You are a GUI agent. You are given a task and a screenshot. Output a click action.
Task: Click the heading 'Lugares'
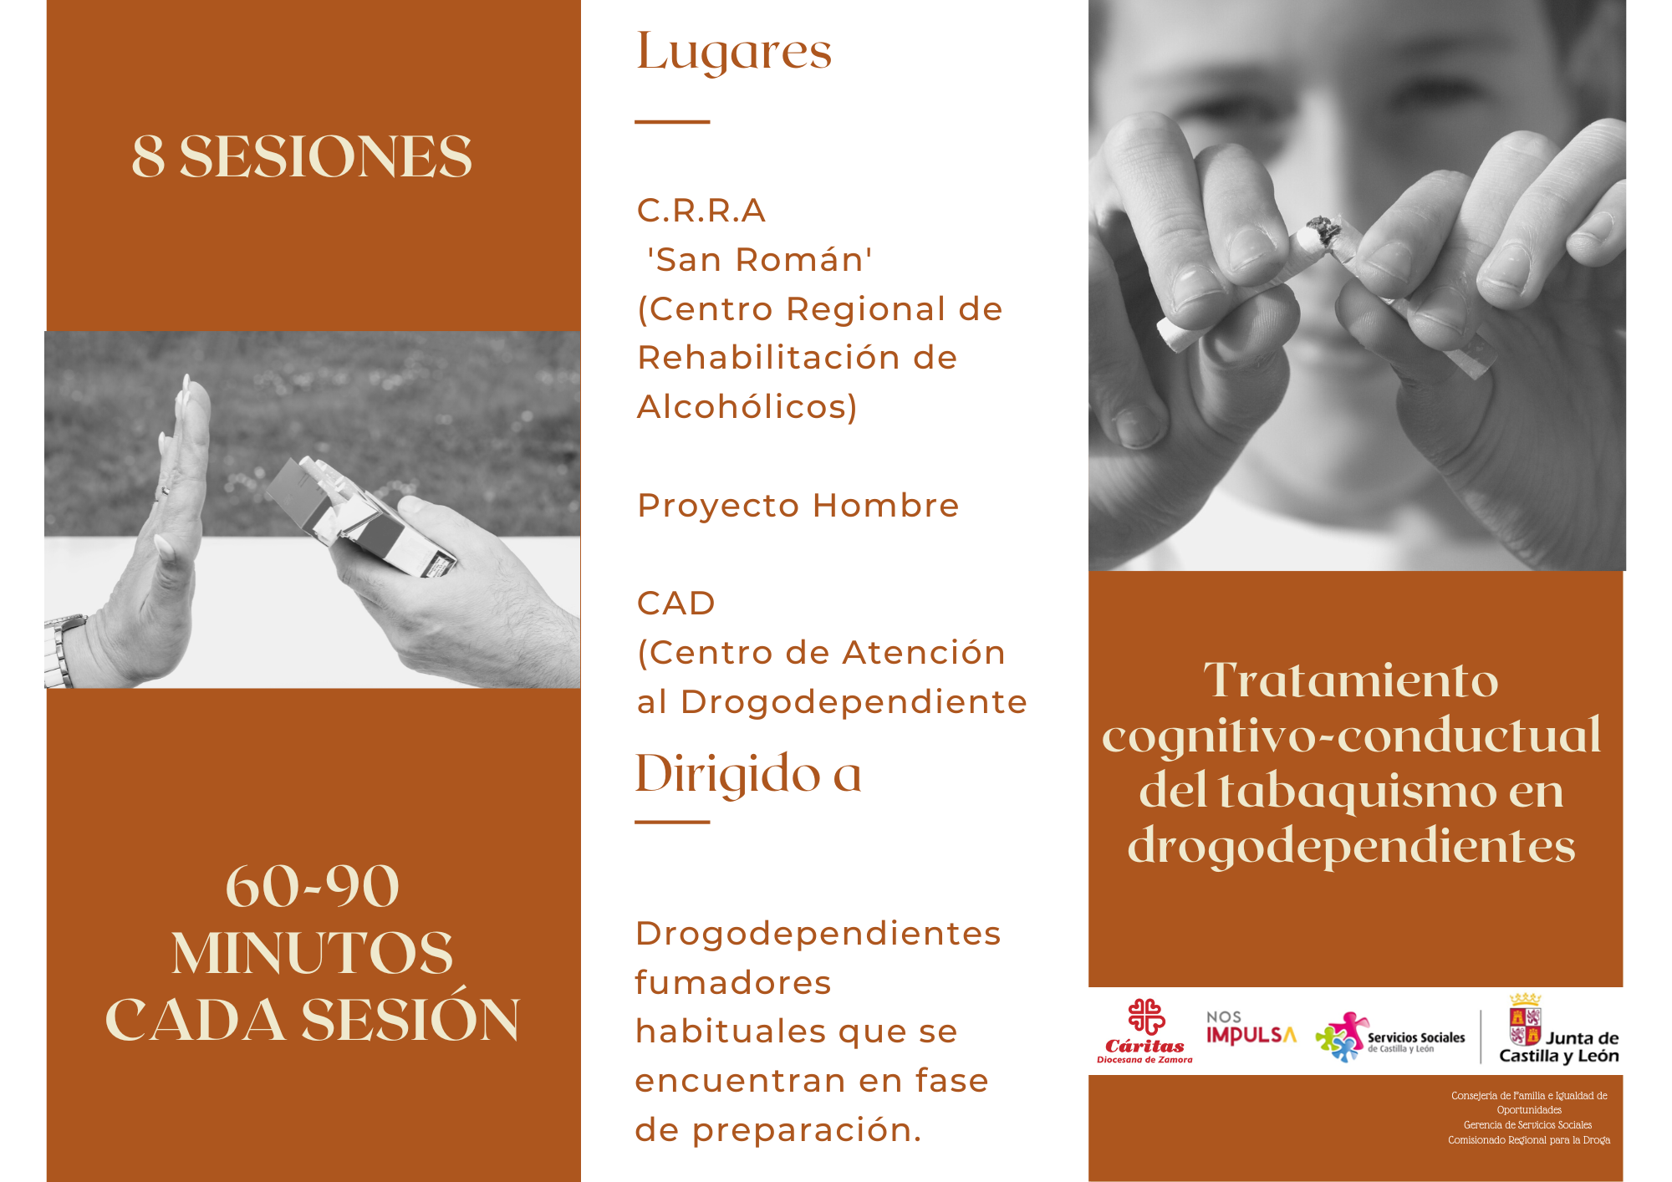(x=734, y=53)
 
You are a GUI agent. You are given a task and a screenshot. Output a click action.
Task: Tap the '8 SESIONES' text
(x=302, y=156)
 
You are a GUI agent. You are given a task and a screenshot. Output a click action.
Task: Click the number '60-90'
(x=313, y=886)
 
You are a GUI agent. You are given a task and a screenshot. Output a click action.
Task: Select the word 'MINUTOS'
(x=313, y=953)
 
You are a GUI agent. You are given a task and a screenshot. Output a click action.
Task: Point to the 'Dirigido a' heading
(x=748, y=773)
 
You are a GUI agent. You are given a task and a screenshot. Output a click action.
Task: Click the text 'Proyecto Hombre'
(x=798, y=506)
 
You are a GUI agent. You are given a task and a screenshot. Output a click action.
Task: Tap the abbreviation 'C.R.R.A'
(x=701, y=211)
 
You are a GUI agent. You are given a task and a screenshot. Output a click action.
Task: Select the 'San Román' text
(x=760, y=260)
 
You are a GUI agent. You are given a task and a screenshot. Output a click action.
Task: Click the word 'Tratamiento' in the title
(x=1351, y=680)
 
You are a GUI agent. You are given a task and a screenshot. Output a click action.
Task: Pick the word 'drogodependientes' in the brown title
(x=1351, y=846)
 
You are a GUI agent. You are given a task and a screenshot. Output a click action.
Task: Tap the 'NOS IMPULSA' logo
(x=1251, y=1028)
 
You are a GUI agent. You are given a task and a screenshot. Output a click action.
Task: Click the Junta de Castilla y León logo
(x=1558, y=1030)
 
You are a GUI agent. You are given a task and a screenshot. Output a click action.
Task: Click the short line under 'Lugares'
(x=672, y=122)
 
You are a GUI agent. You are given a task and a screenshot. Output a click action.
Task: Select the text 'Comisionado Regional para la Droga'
(x=1529, y=1140)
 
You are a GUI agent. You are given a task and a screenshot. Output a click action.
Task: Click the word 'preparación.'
(x=807, y=1131)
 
